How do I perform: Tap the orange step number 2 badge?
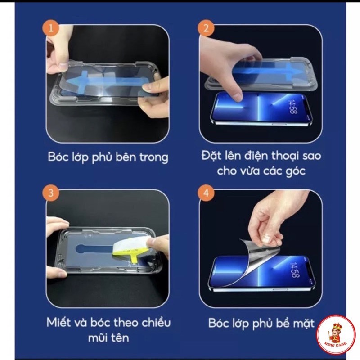pos(206,28)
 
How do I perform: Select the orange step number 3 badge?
pos(51,193)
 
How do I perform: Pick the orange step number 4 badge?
pos(206,193)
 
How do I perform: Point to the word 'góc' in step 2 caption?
pos(296,171)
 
